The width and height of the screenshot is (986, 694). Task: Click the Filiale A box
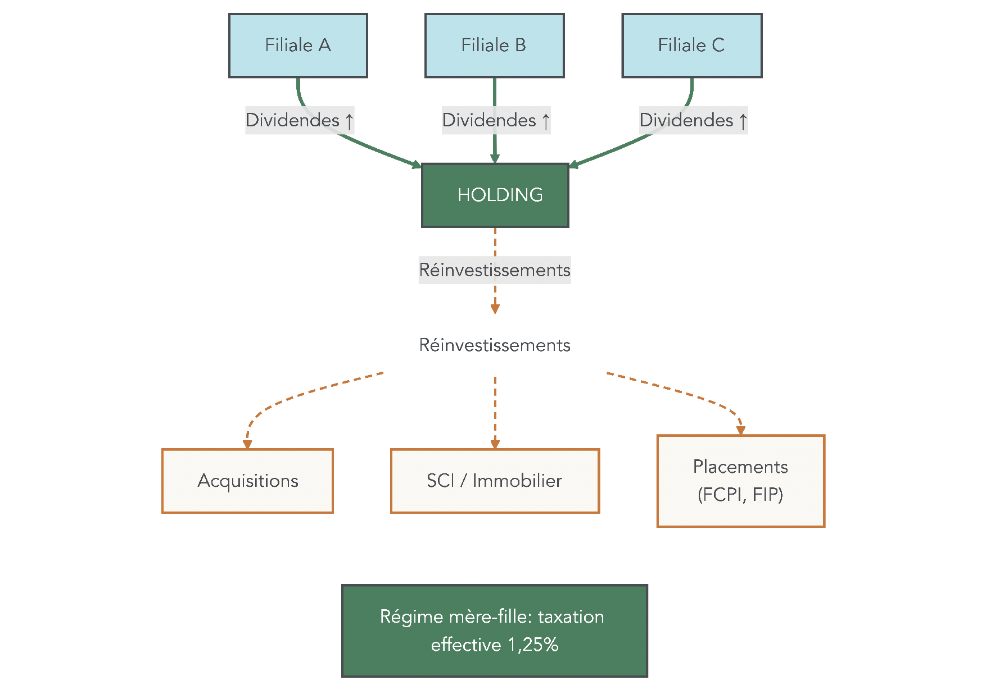coord(298,45)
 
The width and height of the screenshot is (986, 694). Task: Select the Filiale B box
coord(494,45)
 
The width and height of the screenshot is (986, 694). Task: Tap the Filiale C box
coord(691,45)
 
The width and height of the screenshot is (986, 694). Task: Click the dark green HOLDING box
coord(495,195)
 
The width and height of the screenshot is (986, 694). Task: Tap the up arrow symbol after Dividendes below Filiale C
coord(743,121)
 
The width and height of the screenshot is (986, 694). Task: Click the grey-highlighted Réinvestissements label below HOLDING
coord(495,270)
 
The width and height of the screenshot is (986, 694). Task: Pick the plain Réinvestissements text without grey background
coord(495,345)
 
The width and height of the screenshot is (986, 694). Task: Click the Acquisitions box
coord(247,481)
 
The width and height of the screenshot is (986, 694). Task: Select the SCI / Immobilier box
coord(495,481)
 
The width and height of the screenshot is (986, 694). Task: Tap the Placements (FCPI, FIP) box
coord(740,481)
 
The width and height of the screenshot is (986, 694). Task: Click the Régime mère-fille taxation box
coord(494,631)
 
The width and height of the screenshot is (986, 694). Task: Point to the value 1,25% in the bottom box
coord(533,645)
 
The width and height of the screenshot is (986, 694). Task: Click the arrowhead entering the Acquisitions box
coord(247,444)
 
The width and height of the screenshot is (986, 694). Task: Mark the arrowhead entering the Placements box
coord(740,430)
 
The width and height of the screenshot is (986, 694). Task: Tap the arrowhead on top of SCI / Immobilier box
coord(495,444)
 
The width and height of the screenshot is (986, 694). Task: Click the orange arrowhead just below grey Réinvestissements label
coord(495,309)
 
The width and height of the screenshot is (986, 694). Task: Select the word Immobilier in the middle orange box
coord(517,481)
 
